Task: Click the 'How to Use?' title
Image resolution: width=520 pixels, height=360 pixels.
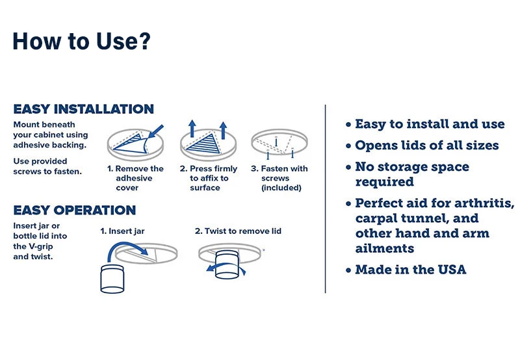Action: [x=81, y=41]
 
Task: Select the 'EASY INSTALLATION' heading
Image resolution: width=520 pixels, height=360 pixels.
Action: [x=83, y=109]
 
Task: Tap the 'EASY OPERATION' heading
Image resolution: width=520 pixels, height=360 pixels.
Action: [x=74, y=211]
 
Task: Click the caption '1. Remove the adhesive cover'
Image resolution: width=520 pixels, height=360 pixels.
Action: [x=135, y=178]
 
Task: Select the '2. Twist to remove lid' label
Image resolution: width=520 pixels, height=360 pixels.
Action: [x=238, y=231]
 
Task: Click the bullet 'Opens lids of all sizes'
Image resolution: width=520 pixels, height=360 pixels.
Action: [x=426, y=146]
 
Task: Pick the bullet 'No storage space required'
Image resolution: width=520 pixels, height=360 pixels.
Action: [x=411, y=174]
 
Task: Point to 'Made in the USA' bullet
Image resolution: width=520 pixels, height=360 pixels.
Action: [x=410, y=270]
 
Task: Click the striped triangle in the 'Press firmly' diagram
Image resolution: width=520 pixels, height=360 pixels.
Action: [x=203, y=146]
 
